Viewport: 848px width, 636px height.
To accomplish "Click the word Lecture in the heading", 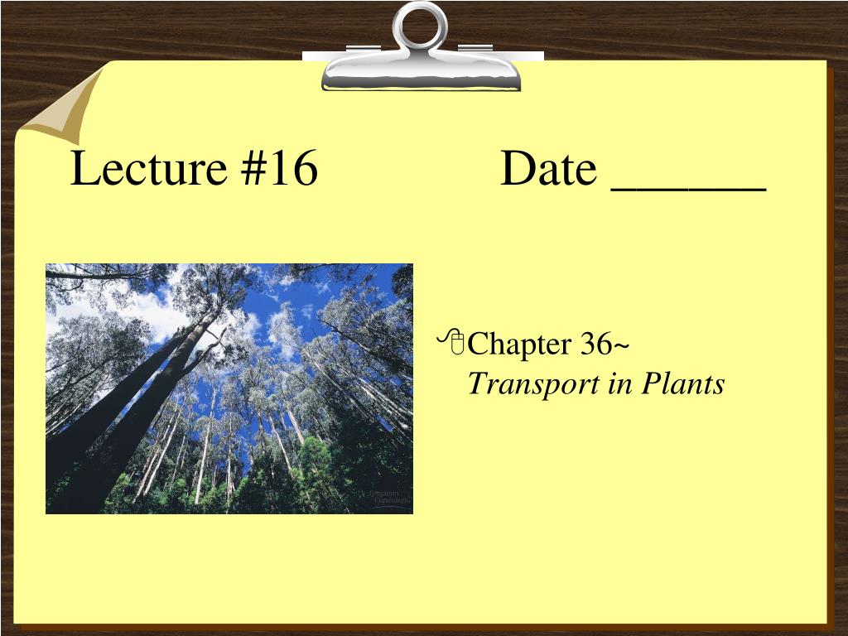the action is coord(148,167).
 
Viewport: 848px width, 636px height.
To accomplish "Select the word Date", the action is coord(548,167).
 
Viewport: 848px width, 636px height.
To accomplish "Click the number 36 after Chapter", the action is coord(596,344).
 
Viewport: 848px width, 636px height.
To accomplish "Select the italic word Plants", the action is coord(683,383).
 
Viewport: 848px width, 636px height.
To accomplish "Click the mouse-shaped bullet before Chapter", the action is coord(452,342).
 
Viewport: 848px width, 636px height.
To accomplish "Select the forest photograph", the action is coord(229,388).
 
